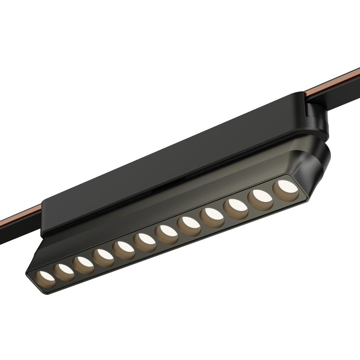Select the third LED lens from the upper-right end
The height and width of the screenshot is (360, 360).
(235, 208)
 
